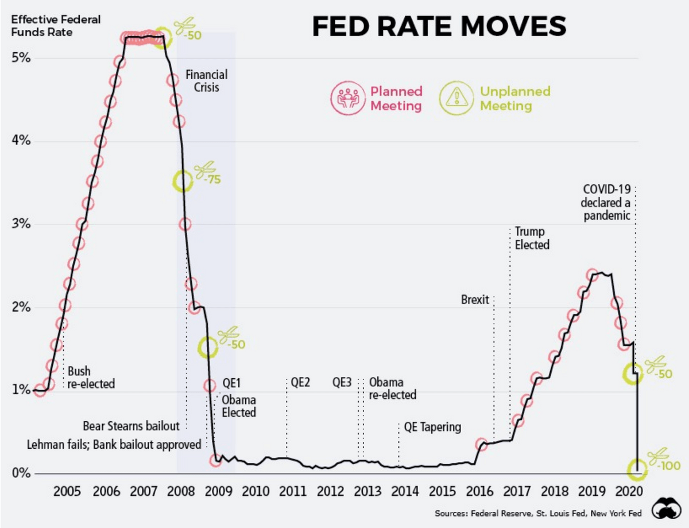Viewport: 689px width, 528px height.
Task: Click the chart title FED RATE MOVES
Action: [x=439, y=27]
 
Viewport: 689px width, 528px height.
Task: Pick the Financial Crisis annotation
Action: [x=206, y=81]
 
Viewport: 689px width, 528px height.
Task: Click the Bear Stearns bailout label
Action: [x=131, y=426]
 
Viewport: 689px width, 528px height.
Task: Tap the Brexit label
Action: [x=475, y=300]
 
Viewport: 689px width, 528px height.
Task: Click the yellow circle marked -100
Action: [x=637, y=470]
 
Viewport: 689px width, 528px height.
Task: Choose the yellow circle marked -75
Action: [x=183, y=182]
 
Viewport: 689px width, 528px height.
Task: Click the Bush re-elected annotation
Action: [x=91, y=377]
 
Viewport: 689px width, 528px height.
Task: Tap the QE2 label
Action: [x=300, y=382]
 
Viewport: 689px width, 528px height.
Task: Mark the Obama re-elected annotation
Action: [x=392, y=389]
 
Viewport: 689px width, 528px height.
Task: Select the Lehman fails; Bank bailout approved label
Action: [x=114, y=444]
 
